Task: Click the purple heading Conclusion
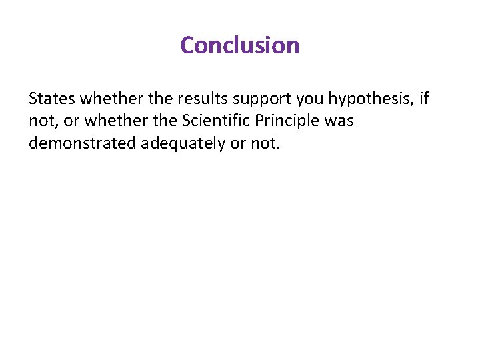click(x=240, y=45)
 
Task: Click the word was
click(x=339, y=122)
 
